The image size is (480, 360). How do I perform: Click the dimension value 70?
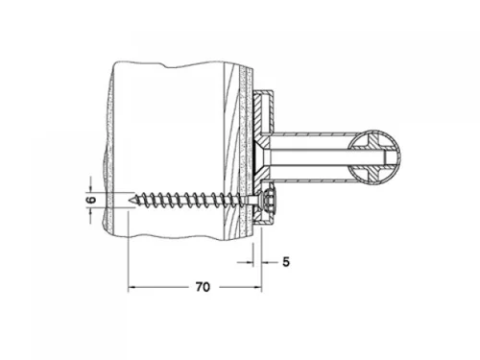coord(203,287)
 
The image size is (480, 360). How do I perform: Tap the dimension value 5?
coord(286,262)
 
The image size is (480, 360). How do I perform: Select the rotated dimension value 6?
coord(91,200)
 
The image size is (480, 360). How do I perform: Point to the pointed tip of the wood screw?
coord(129,200)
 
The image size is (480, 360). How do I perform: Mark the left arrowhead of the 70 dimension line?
coord(132,287)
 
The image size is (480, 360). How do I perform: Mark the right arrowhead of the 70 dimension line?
coord(257,287)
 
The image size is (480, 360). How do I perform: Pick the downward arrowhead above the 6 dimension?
coord(90,189)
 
